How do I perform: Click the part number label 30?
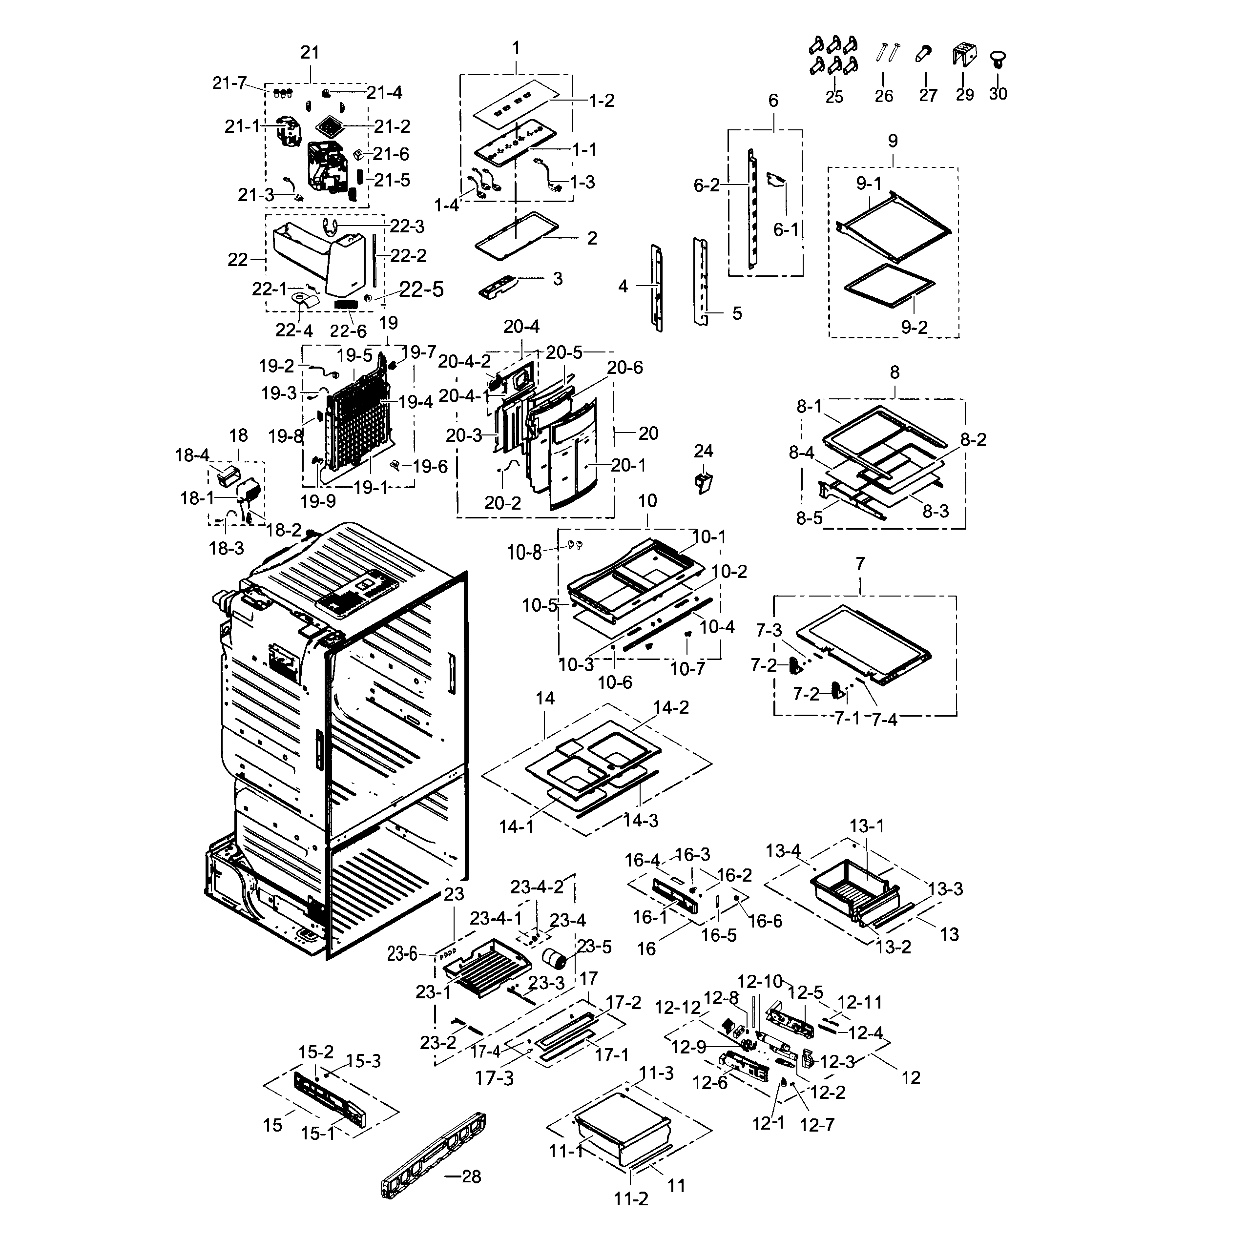998,94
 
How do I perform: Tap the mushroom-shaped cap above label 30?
998,60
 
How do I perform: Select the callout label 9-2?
914,328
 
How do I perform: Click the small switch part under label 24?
704,482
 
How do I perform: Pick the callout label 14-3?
640,821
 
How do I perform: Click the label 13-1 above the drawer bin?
866,826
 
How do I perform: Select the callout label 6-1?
786,229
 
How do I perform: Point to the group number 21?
310,52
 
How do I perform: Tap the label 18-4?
192,455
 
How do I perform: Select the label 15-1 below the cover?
318,1134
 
